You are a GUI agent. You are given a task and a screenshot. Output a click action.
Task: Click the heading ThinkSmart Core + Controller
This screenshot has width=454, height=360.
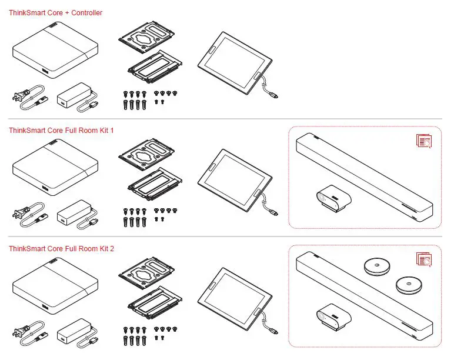click(x=55, y=12)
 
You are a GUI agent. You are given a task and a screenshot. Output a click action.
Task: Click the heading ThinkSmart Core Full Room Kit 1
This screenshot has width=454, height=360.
click(x=61, y=130)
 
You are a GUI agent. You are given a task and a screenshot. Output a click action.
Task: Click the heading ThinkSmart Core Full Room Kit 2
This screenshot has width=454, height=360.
click(x=61, y=249)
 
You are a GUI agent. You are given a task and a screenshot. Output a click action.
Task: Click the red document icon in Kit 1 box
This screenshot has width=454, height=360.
click(x=423, y=141)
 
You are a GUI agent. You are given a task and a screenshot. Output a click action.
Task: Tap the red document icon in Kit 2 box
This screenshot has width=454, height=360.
click(x=423, y=259)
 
